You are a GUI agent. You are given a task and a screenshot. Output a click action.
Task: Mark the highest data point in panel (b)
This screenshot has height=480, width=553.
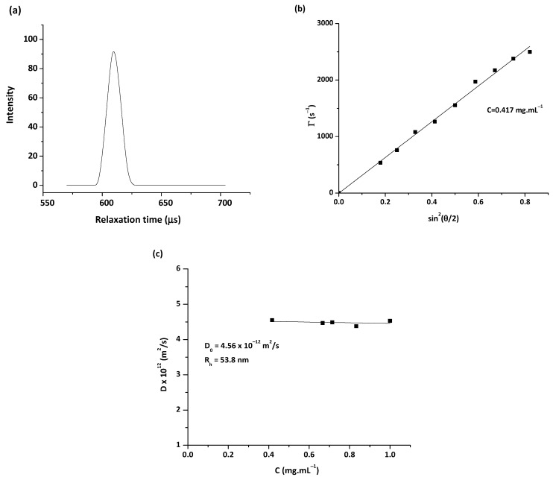tap(529, 52)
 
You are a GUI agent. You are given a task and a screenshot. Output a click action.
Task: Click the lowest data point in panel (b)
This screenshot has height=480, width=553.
tap(380, 162)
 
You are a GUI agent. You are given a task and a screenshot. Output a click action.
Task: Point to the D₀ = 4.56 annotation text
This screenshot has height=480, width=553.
tap(242, 346)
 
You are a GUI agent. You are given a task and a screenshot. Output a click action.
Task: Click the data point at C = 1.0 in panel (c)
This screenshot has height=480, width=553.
tap(390, 321)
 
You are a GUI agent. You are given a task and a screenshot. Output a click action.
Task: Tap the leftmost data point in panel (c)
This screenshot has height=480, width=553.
tap(272, 320)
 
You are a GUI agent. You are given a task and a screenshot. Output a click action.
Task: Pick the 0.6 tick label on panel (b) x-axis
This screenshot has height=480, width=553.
tap(431, 202)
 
